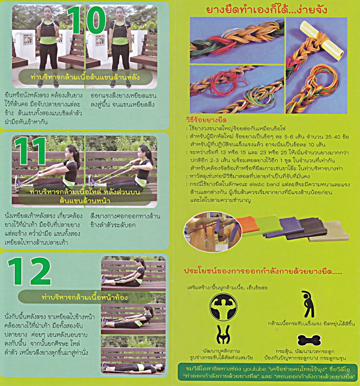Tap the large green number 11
(x=30, y=151)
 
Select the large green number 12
(x=29, y=271)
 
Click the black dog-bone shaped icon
(x=309, y=340)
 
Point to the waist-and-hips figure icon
(x=223, y=334)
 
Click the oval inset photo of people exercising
(x=213, y=232)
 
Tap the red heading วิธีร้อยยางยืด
(x=206, y=120)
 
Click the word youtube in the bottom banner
(x=255, y=369)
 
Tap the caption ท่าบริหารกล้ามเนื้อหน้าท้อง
(x=85, y=297)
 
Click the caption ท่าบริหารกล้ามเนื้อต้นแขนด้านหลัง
(x=85, y=77)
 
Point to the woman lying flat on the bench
(x=133, y=367)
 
